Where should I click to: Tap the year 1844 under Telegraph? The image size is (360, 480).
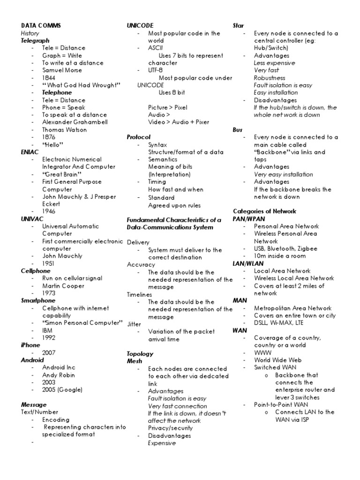49,78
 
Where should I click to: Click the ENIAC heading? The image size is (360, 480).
29,152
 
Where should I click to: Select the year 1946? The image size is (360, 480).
49,211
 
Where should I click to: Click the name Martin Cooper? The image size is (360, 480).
63,286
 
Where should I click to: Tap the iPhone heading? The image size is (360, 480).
31,345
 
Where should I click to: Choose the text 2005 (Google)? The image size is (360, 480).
62,390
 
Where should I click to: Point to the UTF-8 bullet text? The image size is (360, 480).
155,70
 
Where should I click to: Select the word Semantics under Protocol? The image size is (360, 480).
163,160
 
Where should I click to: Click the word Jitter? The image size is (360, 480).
134,324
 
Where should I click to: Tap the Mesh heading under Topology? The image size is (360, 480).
135,361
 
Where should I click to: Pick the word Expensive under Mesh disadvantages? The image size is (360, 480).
162,443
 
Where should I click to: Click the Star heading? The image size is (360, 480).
238,25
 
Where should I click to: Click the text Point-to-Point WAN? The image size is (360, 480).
281,405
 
